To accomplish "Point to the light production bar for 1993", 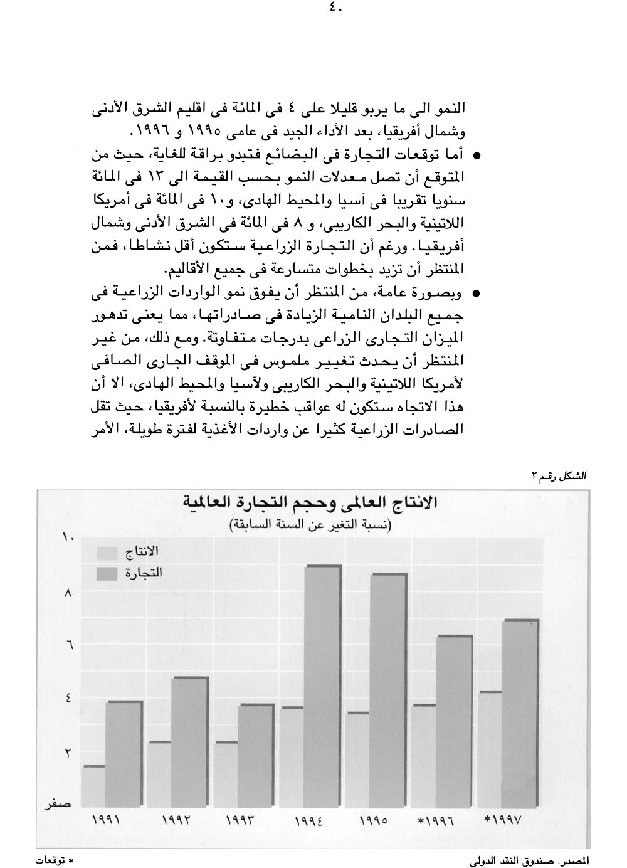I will [x=226, y=775].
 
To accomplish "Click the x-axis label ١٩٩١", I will [x=107, y=820].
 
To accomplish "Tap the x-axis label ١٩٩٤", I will [x=308, y=820].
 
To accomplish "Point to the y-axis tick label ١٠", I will [x=68, y=537].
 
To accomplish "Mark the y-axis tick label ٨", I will [x=68, y=591].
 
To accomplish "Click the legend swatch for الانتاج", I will [x=107, y=553].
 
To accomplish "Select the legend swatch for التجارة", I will [x=107, y=573].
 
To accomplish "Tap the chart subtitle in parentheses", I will [x=308, y=525].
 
